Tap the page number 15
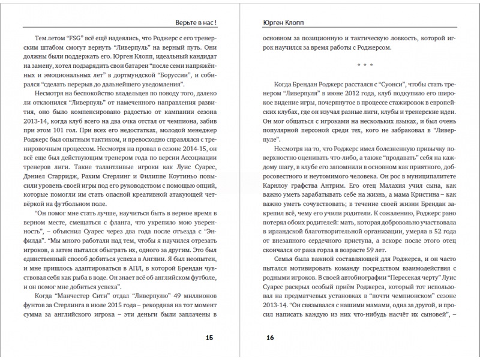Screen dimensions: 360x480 pos(209,338)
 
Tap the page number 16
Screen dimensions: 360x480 pos(270,338)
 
